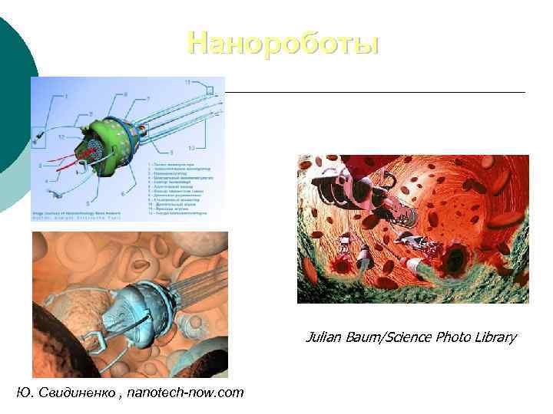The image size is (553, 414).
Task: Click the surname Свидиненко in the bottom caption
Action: point(73,393)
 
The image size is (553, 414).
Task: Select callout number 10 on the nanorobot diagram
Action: point(191,147)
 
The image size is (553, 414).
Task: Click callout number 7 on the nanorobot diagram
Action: point(147,99)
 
